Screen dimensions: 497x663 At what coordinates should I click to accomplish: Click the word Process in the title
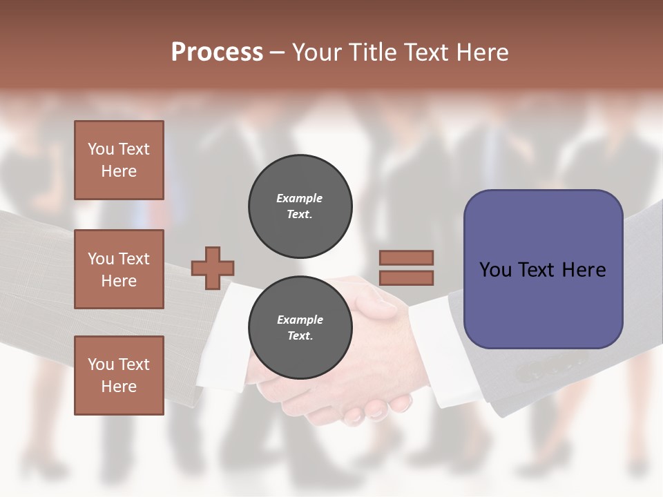(217, 52)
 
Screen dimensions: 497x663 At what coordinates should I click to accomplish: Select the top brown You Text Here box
(119, 160)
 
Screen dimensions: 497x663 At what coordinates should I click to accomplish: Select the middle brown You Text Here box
(119, 269)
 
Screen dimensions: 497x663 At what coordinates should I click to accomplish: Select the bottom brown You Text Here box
(119, 375)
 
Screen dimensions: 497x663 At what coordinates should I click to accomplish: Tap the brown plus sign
(213, 267)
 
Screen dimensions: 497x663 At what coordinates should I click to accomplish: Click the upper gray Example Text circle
(300, 206)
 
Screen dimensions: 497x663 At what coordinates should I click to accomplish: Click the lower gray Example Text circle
(300, 328)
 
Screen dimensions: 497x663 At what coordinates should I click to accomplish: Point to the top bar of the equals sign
(406, 257)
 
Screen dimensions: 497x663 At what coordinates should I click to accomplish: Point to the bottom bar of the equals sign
(406, 277)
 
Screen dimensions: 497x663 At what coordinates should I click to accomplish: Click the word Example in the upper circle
(300, 198)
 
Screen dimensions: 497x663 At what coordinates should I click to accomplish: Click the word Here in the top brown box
(119, 171)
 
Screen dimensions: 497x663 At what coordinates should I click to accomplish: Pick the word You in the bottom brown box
(99, 364)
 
